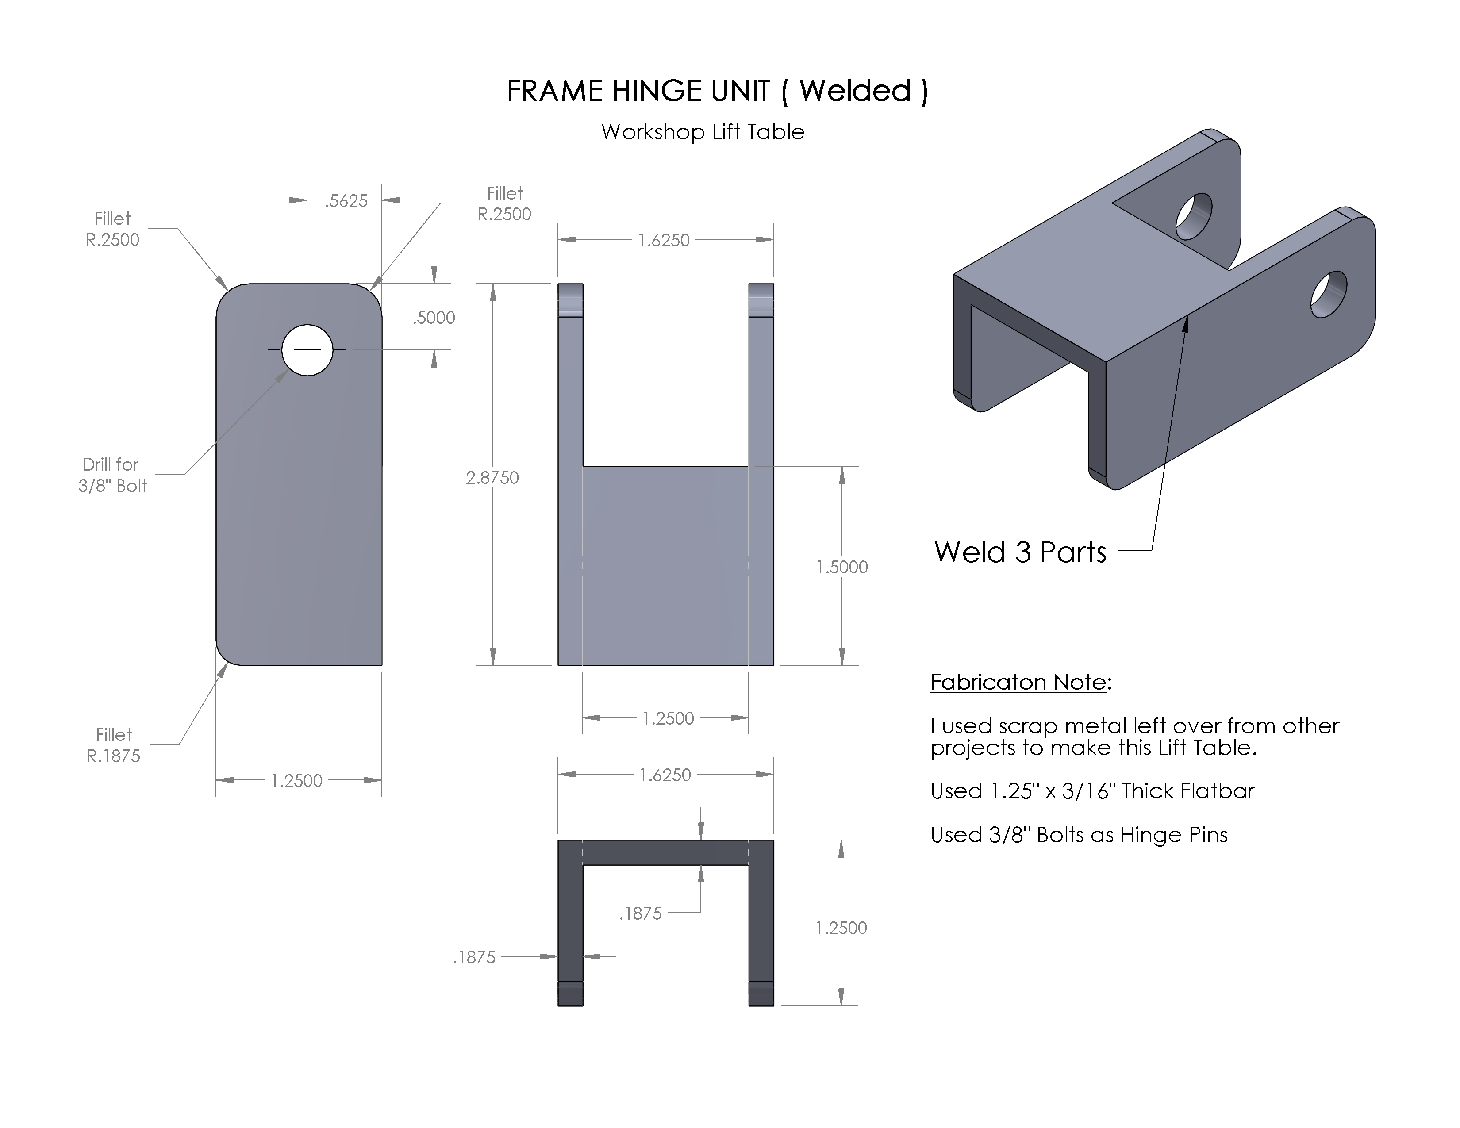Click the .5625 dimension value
(x=346, y=200)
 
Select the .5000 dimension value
(x=434, y=318)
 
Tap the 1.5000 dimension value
(x=841, y=567)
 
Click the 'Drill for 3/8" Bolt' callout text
(x=111, y=475)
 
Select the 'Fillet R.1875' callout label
(x=114, y=745)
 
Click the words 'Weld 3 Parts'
(x=1020, y=552)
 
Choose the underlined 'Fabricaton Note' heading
(x=1018, y=682)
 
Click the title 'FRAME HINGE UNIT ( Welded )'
(x=717, y=91)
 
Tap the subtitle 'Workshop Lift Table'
(x=702, y=132)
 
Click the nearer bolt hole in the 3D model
(x=1328, y=294)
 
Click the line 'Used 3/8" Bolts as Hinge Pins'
(x=1079, y=835)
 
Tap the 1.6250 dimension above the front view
(x=663, y=240)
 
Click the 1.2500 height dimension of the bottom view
(x=841, y=928)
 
